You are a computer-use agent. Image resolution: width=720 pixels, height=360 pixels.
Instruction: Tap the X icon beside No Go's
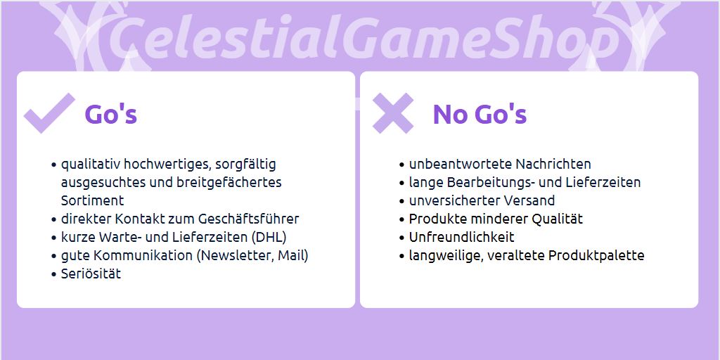[393, 113]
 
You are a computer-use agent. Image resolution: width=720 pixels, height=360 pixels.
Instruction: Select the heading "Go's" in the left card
[111, 114]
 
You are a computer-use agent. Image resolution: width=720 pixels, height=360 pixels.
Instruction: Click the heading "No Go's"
[480, 114]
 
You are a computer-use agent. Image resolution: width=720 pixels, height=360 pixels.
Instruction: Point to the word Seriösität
[91, 274]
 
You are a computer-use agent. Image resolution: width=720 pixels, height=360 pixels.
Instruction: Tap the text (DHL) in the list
[269, 238]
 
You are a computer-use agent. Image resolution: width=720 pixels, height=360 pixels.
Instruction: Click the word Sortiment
[92, 200]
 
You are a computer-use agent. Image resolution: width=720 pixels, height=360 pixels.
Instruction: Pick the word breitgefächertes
[229, 183]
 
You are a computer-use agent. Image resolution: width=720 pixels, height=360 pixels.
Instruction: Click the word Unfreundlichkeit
[461, 237]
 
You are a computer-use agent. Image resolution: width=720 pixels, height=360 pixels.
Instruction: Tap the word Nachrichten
[553, 164]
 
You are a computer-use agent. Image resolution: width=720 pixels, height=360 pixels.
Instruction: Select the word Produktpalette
[596, 255]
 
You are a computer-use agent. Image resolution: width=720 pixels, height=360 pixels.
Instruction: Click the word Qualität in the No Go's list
[557, 219]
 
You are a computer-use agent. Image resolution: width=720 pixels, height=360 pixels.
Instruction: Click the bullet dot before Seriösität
[53, 275]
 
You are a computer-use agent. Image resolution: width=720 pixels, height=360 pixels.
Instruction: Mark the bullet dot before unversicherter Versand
[402, 201]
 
